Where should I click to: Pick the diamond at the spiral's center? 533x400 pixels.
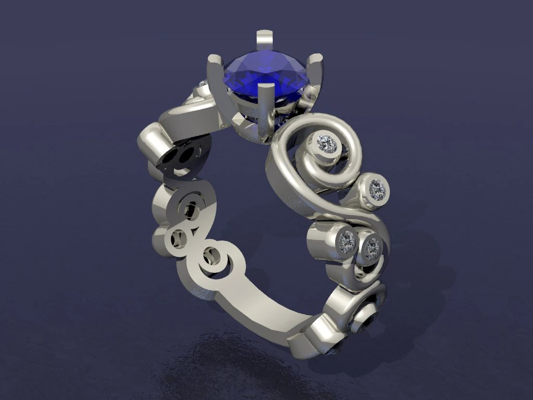click(x=327, y=142)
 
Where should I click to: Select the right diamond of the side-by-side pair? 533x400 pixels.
click(x=371, y=249)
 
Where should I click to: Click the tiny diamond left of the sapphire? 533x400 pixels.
click(x=204, y=84)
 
